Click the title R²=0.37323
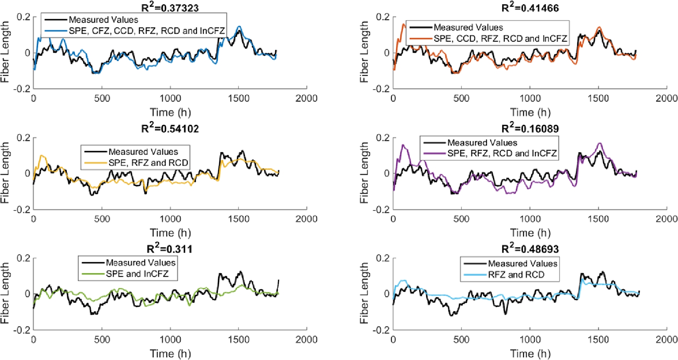point(170,7)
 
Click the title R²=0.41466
point(530,7)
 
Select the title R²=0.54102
point(170,128)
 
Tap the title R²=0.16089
point(530,128)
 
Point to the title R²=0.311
point(170,248)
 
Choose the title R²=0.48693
point(530,248)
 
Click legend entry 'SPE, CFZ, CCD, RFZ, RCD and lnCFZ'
point(147,31)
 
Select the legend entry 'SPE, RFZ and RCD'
point(148,163)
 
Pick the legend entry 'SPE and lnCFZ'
point(137,274)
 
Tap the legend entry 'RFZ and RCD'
point(516,275)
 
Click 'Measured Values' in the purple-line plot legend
point(482,143)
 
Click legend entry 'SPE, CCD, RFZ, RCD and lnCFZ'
point(500,39)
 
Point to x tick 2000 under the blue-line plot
point(306,98)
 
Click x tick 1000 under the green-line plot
point(170,340)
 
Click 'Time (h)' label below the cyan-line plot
point(530,353)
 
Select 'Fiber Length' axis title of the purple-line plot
point(364,173)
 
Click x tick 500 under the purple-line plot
point(461,219)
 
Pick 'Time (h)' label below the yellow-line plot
point(170,233)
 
